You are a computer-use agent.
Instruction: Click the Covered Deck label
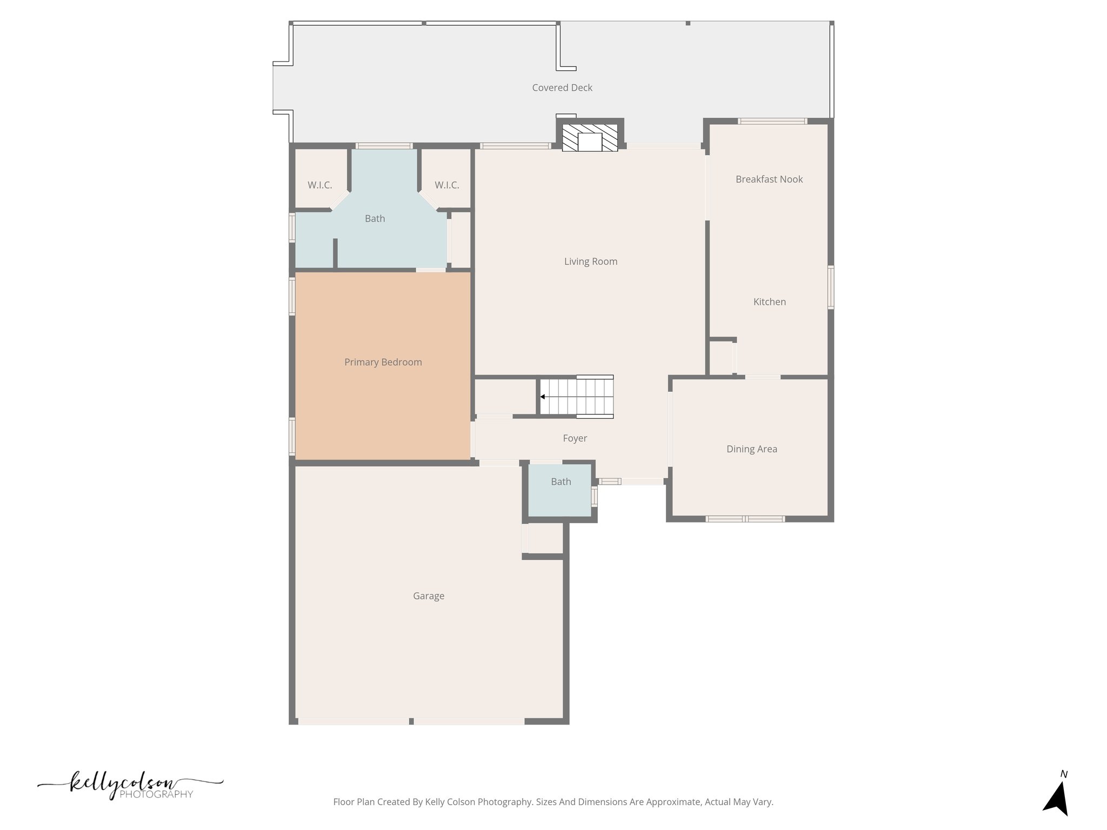[x=562, y=88]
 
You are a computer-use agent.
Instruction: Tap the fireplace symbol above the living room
[x=590, y=138]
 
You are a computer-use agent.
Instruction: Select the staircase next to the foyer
[x=577, y=397]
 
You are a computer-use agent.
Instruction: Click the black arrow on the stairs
[x=542, y=397]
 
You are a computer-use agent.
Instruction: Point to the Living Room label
[x=590, y=262]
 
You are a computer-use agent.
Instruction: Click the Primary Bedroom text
[x=383, y=362]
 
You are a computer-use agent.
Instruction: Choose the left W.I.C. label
[x=319, y=185]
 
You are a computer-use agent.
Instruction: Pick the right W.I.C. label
[x=446, y=185]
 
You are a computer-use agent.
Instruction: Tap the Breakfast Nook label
[x=769, y=179]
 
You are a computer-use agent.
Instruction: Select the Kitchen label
[x=769, y=302]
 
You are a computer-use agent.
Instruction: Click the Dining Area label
[x=751, y=449]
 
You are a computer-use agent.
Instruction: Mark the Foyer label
[x=575, y=438]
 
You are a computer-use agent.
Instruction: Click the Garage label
[x=428, y=596]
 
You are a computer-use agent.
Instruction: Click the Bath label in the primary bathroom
[x=375, y=219]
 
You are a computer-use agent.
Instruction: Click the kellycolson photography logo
[x=130, y=787]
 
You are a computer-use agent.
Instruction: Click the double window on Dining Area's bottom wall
[x=745, y=519]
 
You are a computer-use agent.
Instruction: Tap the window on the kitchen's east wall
[x=831, y=287]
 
